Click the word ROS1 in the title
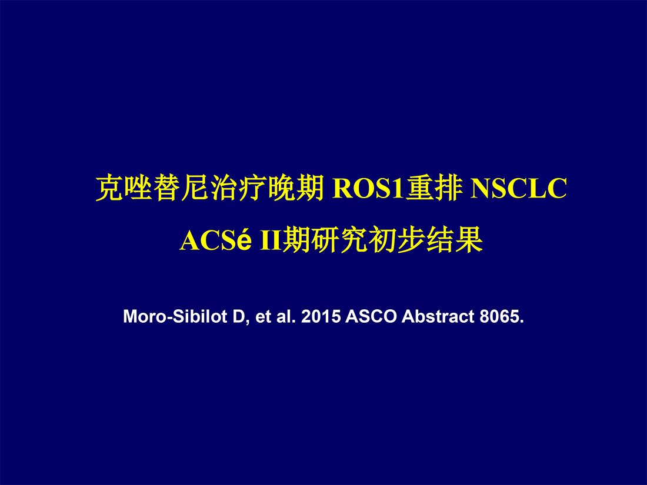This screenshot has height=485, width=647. [x=368, y=189]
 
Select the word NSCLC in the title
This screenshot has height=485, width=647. [x=519, y=189]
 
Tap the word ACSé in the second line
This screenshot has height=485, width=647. [x=216, y=240]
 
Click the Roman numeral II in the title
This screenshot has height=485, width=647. [x=271, y=240]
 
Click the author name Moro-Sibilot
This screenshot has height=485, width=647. [x=175, y=317]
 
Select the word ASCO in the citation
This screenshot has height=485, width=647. [x=371, y=317]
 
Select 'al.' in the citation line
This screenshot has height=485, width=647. [x=285, y=317]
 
